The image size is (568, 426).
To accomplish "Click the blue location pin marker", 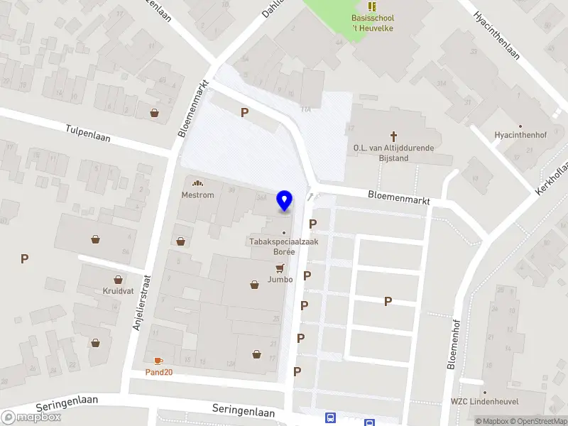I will click(285, 201).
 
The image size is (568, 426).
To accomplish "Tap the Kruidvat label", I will click(118, 291).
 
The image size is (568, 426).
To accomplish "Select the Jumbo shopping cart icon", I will click(280, 268).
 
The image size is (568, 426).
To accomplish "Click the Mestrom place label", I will click(197, 195).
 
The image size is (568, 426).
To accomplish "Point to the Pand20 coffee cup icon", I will click(158, 361).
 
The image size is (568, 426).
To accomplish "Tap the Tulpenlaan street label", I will click(88, 133).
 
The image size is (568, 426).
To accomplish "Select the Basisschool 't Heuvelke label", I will click(372, 23).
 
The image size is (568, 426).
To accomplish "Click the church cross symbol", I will click(393, 136).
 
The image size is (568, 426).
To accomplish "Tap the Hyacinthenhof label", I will click(521, 135).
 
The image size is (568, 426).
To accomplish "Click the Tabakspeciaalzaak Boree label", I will click(283, 246).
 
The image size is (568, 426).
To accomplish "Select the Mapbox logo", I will click(31, 417).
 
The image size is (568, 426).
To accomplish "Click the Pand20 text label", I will click(159, 372).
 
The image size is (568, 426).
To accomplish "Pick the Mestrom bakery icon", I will click(197, 183).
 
